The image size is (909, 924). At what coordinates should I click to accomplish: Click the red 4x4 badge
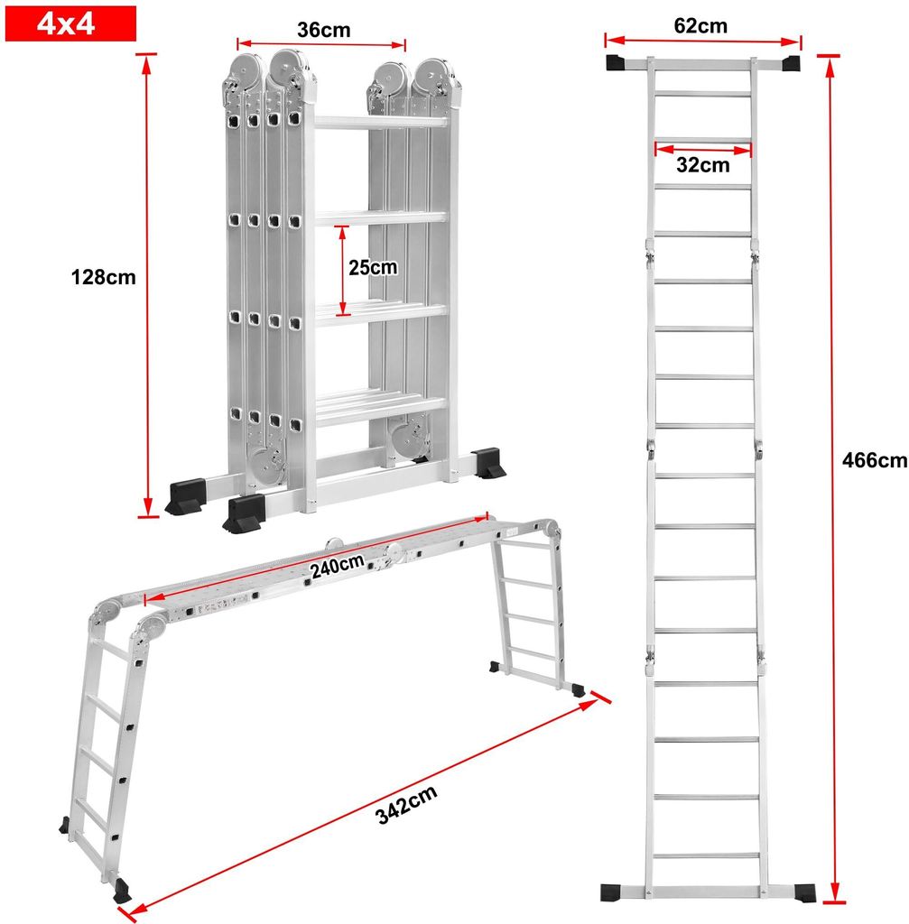click(x=70, y=23)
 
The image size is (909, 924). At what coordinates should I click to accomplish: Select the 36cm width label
click(x=324, y=30)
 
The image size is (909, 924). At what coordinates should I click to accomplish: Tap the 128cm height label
click(x=103, y=277)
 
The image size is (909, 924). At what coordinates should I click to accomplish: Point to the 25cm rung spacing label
click(x=373, y=267)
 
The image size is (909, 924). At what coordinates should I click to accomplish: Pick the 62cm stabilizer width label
click(x=700, y=26)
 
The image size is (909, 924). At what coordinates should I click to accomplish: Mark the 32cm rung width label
click(x=702, y=165)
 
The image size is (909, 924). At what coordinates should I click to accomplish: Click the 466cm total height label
click(x=874, y=460)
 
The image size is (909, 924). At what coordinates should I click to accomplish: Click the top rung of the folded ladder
click(x=380, y=122)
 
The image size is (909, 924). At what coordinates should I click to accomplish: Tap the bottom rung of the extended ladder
click(x=704, y=855)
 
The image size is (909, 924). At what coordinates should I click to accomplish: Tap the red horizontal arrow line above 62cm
click(x=702, y=40)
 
